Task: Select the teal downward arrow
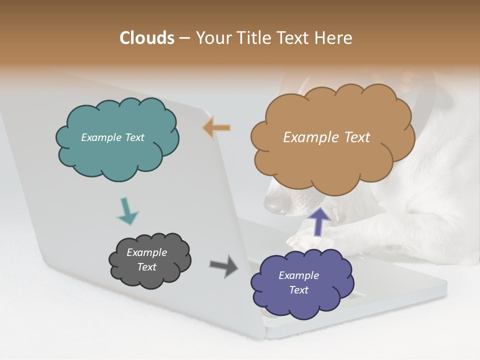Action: tap(127, 212)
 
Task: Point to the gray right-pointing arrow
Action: tap(224, 265)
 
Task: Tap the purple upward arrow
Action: tap(319, 221)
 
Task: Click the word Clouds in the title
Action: tap(147, 38)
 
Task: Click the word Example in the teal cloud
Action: tap(99, 137)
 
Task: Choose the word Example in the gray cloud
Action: tap(146, 252)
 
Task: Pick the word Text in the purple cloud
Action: tap(298, 290)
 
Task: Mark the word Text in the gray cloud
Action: tap(146, 267)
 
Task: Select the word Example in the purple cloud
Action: tap(298, 275)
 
